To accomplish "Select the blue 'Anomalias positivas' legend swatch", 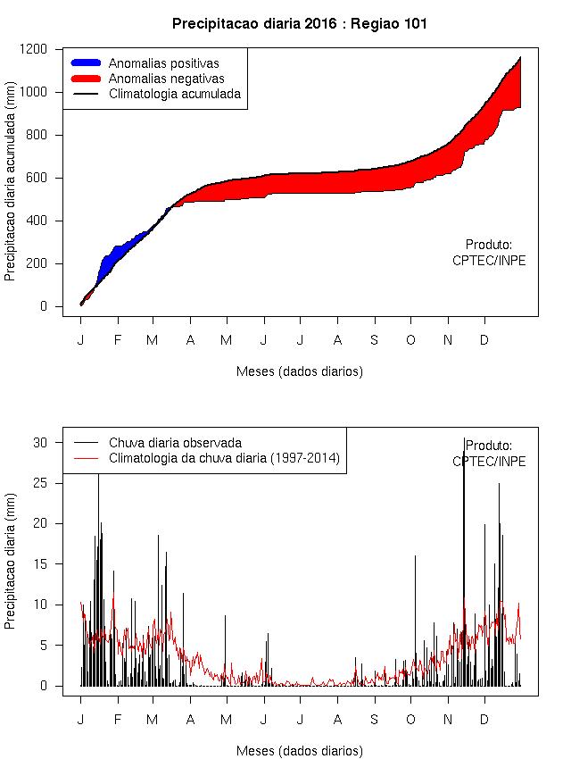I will pos(87,63).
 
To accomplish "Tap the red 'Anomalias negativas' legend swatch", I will pos(87,78).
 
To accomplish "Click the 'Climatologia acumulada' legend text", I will pos(175,93).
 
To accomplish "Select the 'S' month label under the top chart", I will pos(375,340).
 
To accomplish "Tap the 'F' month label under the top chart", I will pos(117,340).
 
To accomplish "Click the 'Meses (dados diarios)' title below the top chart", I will pos(300,371).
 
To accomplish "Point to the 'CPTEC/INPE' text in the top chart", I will pos(489,261).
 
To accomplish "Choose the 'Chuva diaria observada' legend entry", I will pos(175,442).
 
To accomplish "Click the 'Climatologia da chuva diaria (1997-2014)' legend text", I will pos(225,458).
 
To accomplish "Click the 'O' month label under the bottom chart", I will pos(411,720).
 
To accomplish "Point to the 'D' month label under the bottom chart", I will pos(484,720).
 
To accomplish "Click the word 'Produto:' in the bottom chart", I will pos(489,446).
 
